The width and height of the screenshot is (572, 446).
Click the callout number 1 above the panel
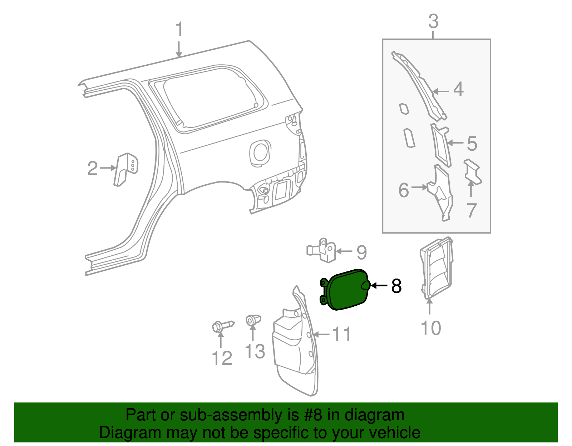coord(179,29)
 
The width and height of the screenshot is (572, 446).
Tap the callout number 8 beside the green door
coord(396,286)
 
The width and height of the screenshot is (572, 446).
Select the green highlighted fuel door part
coord(345,290)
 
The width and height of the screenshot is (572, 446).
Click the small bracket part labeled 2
coord(125,169)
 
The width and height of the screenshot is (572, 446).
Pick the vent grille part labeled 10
coord(437,268)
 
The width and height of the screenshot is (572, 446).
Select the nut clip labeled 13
coord(253,320)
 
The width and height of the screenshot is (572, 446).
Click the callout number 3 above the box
coord(433,21)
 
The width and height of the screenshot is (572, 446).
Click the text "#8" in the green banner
coord(314,415)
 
